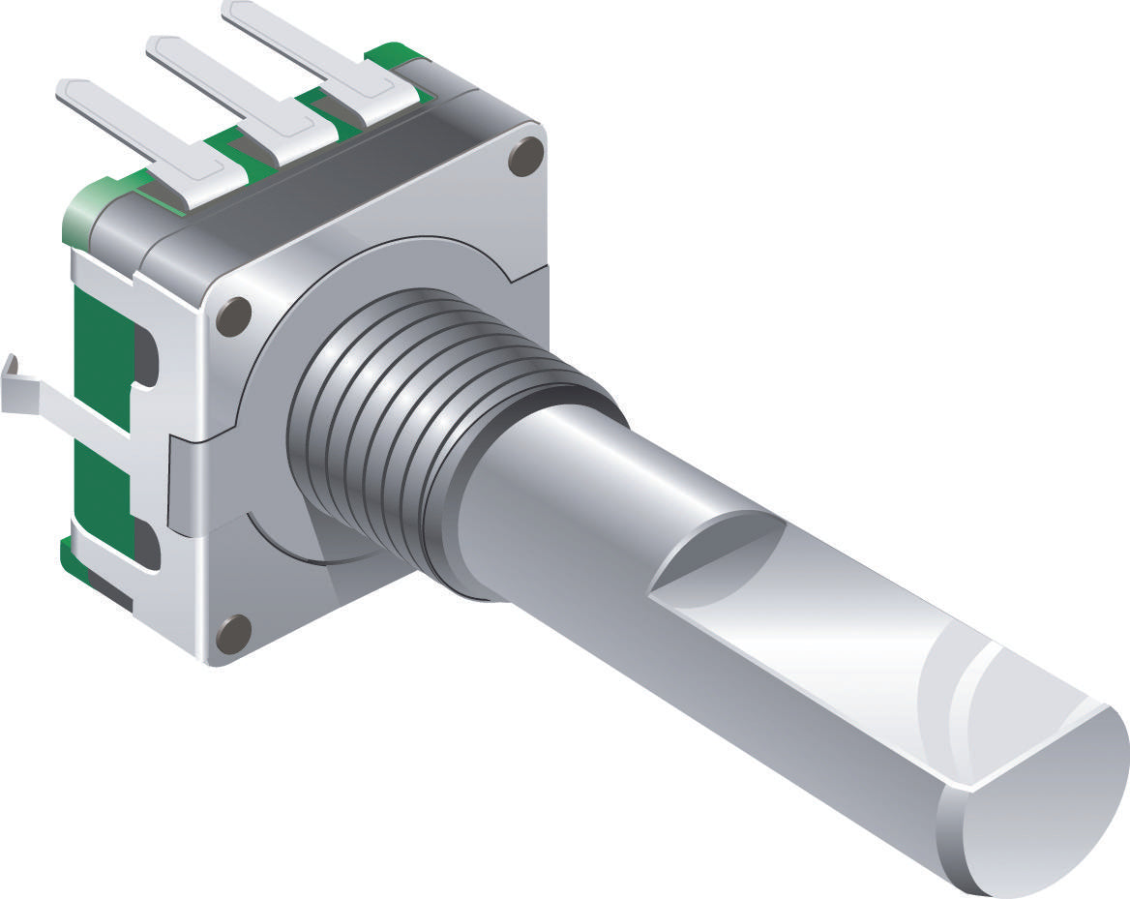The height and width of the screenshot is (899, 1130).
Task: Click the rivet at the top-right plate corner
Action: [525, 155]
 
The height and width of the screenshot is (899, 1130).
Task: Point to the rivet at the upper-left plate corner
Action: [233, 316]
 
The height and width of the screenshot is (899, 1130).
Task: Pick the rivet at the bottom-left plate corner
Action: [233, 633]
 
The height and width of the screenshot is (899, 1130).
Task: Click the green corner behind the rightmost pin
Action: [397, 55]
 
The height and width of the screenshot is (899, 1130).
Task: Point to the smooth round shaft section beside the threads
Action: [542, 484]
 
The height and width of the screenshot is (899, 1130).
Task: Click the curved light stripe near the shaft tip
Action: [967, 697]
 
